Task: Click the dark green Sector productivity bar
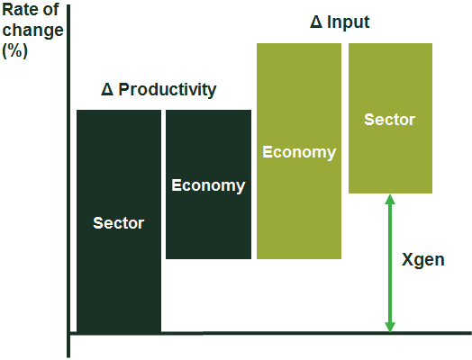[119, 221]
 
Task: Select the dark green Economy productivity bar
[208, 184]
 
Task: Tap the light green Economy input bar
[299, 151]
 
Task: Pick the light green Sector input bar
[390, 118]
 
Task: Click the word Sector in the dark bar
[119, 223]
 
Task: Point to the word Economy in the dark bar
[208, 185]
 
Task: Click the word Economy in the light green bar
[299, 152]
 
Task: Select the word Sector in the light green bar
[389, 120]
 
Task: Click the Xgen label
[423, 259]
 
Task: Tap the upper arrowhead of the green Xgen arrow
[390, 200]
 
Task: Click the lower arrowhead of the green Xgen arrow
[390, 328]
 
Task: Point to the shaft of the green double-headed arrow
[390, 264]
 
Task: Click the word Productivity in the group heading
[168, 89]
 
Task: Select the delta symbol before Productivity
[107, 89]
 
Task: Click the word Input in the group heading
[349, 22]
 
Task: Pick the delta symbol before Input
[316, 22]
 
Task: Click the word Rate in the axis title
[20, 10]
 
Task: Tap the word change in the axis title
[32, 31]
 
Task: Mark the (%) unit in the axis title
[14, 50]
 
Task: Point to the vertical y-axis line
[68, 181]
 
